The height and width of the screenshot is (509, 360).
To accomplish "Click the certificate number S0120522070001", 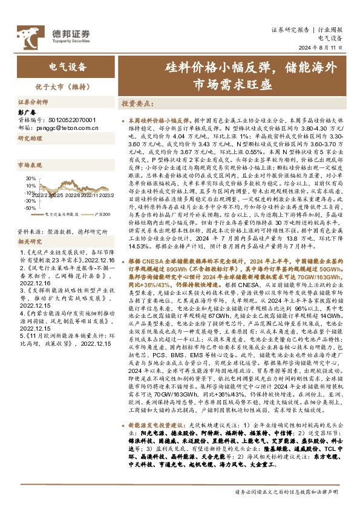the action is tap(71, 120).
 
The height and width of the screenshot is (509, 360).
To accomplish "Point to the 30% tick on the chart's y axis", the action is tap(29, 178).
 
